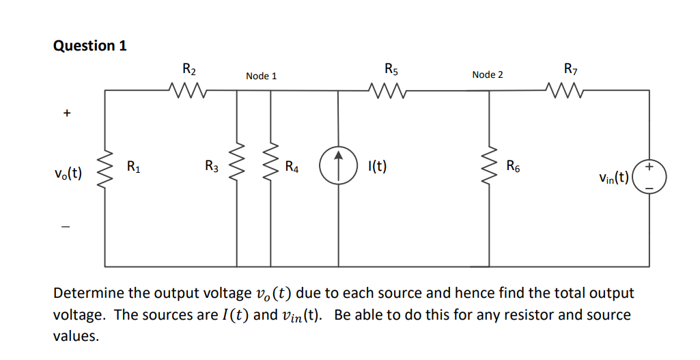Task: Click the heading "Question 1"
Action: pyautogui.click(x=89, y=46)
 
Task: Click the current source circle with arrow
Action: pyautogui.click(x=339, y=167)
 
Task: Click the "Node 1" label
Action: pyautogui.click(x=262, y=76)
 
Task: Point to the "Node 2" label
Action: pyautogui.click(x=487, y=74)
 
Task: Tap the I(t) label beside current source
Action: pyautogui.click(x=377, y=166)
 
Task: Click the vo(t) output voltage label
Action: pyautogui.click(x=68, y=172)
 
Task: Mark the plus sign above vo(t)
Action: pyautogui.click(x=66, y=114)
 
